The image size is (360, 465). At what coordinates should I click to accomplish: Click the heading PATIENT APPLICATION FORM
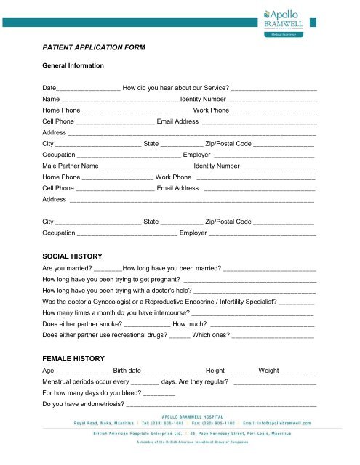point(94,47)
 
